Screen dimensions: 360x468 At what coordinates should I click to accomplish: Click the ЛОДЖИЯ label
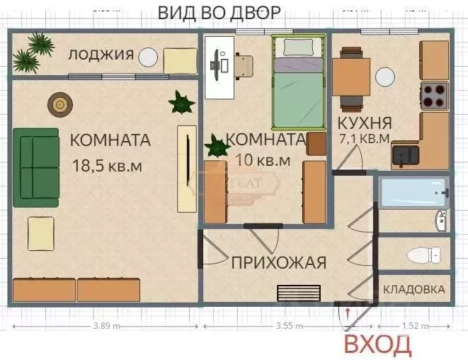[101, 55]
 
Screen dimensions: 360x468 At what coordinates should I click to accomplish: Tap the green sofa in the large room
[35, 164]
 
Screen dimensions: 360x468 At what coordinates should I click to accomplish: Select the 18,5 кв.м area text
[108, 166]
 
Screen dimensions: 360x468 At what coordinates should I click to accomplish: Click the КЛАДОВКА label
[414, 289]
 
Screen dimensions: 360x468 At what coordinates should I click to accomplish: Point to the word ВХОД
[377, 345]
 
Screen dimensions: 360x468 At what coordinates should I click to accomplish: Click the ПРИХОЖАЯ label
[278, 263]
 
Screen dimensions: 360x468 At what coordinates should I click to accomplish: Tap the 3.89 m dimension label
[107, 326]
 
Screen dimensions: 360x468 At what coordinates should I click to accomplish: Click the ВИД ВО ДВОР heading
[219, 12]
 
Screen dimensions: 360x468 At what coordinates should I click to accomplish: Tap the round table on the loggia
[148, 57]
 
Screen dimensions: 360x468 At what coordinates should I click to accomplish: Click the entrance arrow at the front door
[348, 313]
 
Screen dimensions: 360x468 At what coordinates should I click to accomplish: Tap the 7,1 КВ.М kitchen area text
[365, 138]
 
